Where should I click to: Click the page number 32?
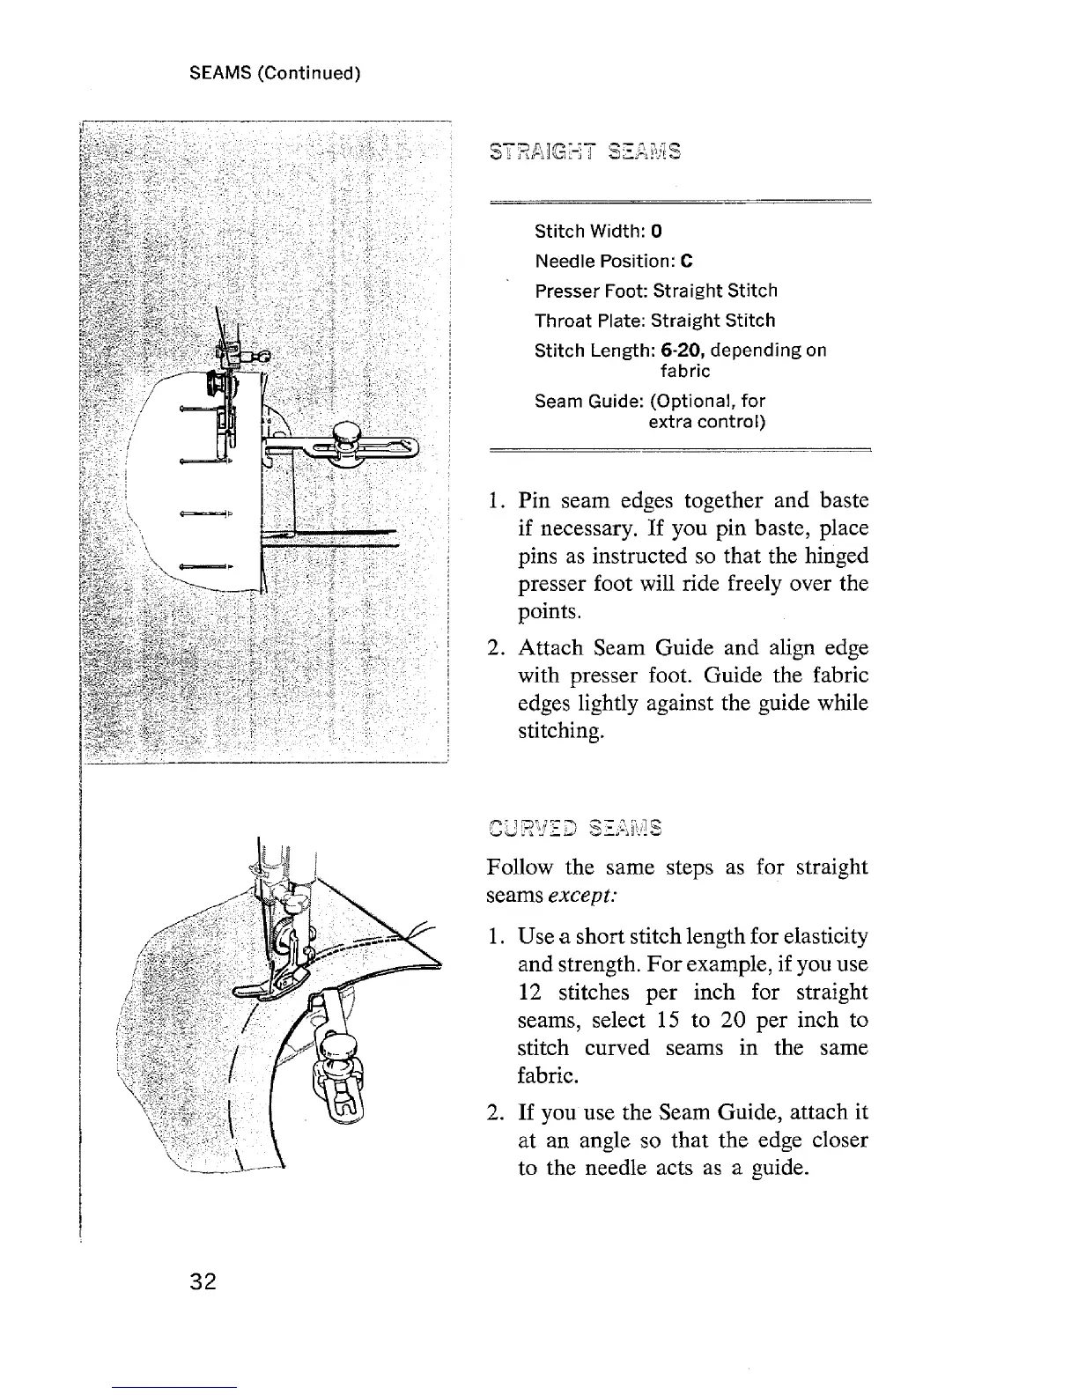point(203,1281)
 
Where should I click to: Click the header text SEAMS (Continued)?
point(276,72)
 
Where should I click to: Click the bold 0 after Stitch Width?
point(657,232)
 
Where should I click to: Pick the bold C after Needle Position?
point(687,262)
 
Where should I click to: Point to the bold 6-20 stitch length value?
point(680,351)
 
